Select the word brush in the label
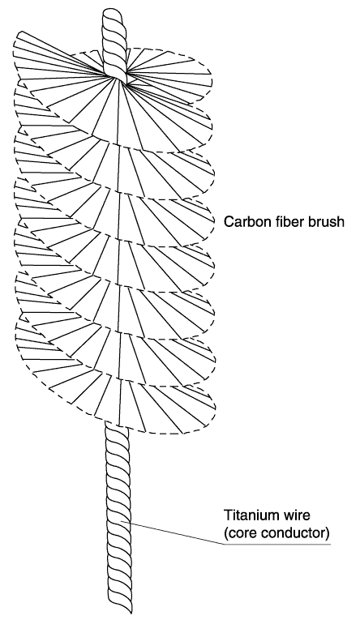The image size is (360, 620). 326,221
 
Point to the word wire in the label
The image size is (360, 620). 297,515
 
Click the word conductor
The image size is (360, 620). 293,533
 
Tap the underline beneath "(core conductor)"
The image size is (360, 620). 277,545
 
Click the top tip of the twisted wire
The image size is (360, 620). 114,10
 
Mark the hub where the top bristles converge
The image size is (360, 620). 118,75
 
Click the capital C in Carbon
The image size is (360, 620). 229,221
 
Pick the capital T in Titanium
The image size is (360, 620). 229,515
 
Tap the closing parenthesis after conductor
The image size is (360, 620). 328,534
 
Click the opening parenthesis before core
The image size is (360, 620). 226,534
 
